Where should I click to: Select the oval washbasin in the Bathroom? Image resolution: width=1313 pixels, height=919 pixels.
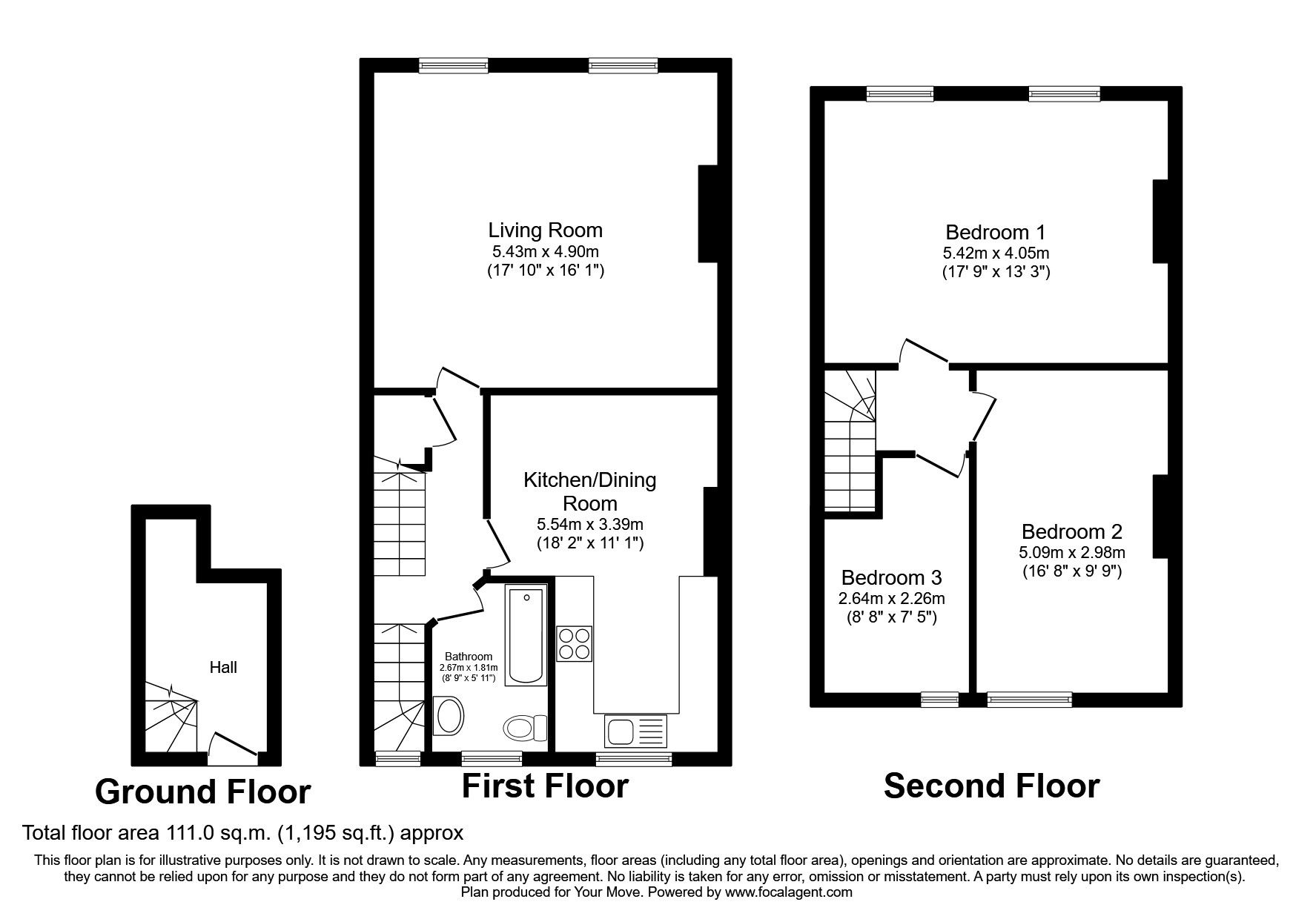point(449,716)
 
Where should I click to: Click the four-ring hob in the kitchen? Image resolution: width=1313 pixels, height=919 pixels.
point(574,643)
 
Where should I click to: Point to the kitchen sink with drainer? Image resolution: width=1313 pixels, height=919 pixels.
point(636,731)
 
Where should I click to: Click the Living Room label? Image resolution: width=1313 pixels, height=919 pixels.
point(545,230)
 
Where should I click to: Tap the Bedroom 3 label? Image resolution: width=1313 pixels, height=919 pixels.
point(891,577)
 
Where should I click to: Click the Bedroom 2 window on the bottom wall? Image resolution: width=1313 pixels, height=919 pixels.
point(1029,698)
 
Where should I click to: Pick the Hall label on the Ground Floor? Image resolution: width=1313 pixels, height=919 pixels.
point(223,667)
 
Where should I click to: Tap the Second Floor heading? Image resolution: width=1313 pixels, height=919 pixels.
point(991,786)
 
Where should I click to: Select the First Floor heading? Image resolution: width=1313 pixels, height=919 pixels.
point(545,786)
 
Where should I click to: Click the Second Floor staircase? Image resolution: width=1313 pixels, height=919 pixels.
point(850,445)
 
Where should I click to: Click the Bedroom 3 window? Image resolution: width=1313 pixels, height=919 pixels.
point(939,698)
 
